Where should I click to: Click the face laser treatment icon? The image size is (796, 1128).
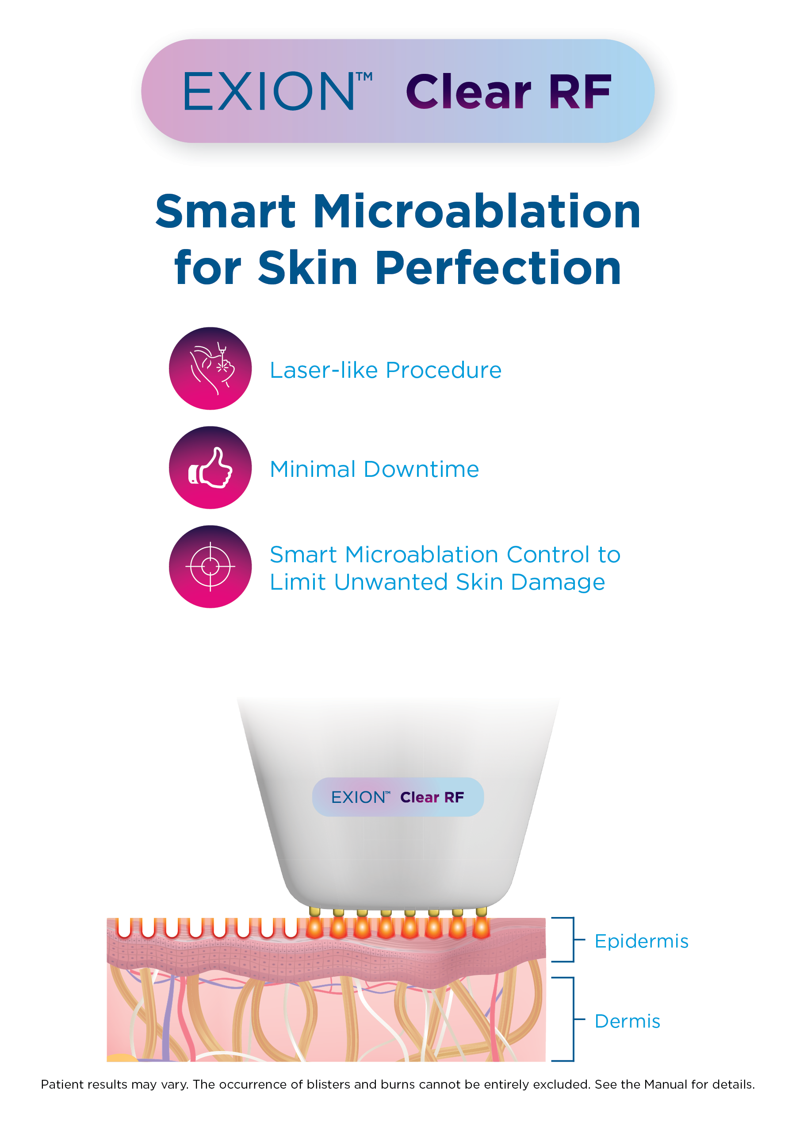tap(210, 368)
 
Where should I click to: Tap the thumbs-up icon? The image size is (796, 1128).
tap(210, 467)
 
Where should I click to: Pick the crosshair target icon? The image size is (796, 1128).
tap(210, 567)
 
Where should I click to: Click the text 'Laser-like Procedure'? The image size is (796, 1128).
tap(386, 370)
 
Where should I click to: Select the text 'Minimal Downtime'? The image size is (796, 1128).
tap(374, 469)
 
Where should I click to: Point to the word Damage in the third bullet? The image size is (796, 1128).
tap(557, 583)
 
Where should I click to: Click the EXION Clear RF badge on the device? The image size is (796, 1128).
tap(398, 797)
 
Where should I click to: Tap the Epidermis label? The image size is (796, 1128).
tap(641, 941)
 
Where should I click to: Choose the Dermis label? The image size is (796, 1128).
tap(627, 1021)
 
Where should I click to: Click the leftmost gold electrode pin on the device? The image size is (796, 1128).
tap(315, 912)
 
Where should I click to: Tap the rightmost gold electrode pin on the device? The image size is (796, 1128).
tap(481, 912)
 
